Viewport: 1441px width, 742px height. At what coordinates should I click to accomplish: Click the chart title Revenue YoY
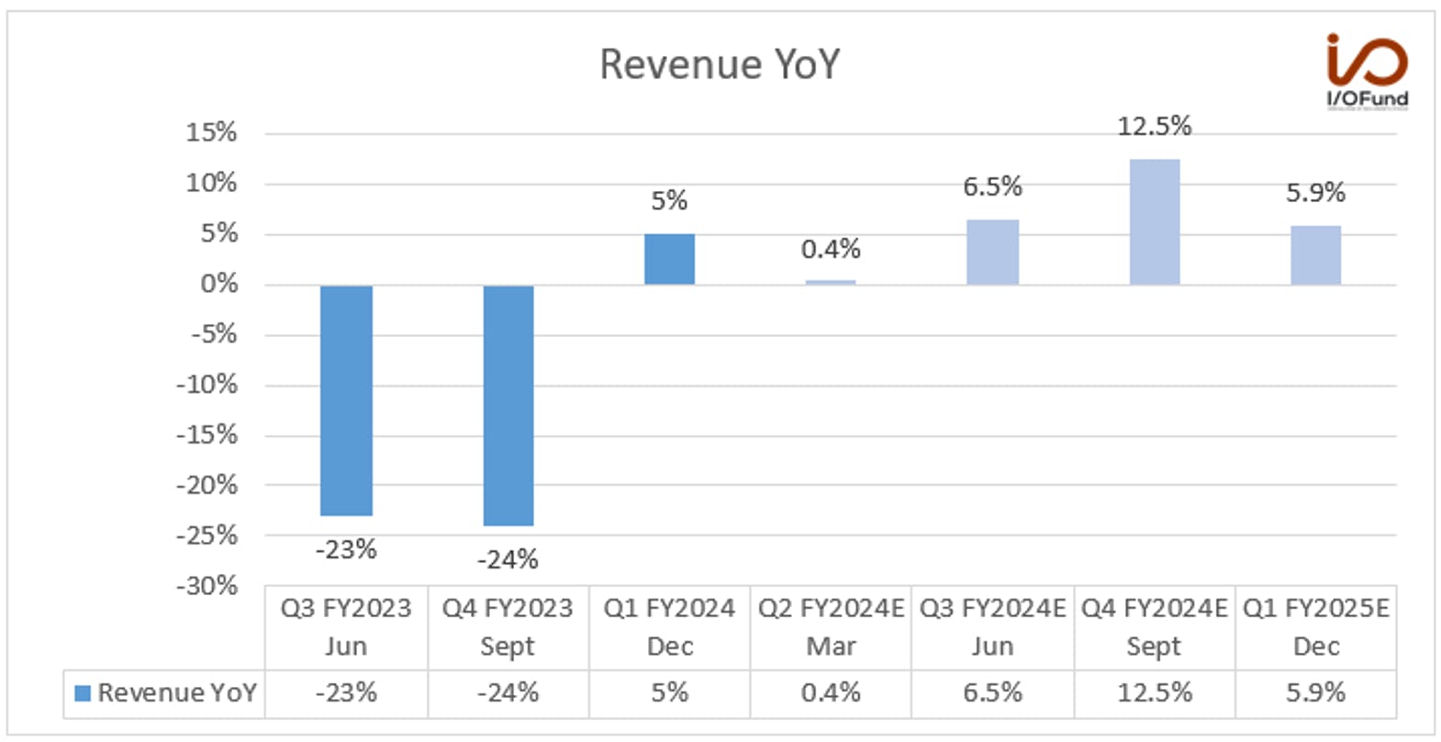click(720, 64)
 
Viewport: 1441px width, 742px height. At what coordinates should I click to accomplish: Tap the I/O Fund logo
click(1367, 71)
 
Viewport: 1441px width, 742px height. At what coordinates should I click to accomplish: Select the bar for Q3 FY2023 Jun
click(346, 400)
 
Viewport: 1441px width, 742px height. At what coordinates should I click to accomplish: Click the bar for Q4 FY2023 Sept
click(508, 405)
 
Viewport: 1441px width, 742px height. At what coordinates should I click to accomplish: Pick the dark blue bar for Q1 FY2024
click(670, 259)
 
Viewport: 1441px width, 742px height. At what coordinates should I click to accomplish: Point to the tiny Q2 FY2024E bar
click(831, 282)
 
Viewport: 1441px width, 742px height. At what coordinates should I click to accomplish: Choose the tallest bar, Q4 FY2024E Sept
click(1155, 222)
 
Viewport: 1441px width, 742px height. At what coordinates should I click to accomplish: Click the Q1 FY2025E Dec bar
click(1315, 255)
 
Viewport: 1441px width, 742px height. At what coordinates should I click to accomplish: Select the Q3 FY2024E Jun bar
click(992, 253)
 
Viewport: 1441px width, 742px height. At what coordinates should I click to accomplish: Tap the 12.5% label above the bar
click(1155, 126)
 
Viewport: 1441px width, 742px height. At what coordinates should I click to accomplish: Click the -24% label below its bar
click(508, 560)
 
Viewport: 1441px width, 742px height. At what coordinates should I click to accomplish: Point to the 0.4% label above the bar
click(831, 249)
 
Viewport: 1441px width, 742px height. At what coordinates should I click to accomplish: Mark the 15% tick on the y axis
click(211, 132)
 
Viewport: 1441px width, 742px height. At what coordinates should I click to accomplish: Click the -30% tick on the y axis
click(207, 586)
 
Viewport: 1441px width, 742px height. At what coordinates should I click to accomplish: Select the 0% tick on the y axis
click(218, 284)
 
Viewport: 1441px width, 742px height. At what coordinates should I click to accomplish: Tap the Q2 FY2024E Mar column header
click(831, 627)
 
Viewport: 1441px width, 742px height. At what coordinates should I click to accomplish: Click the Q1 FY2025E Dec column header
click(1315, 627)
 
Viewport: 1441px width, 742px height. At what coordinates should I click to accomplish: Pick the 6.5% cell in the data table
click(992, 693)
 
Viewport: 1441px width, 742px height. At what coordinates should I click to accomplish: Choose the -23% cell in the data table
click(346, 693)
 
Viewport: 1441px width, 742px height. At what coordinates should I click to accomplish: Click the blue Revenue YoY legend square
click(83, 693)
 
